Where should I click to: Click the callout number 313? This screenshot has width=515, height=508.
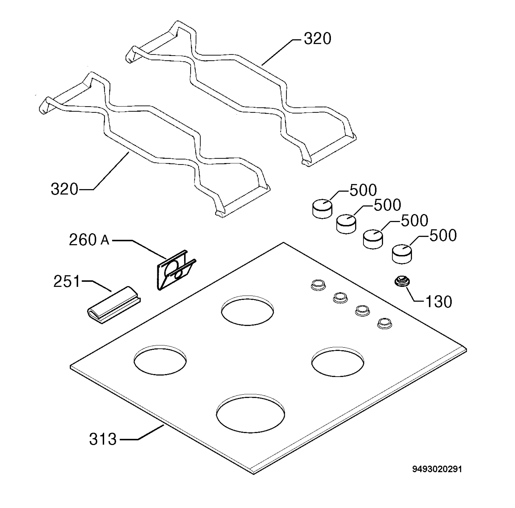pos(103,439)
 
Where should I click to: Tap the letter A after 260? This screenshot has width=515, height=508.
pos(105,241)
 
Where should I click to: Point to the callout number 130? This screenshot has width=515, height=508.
pos(439,302)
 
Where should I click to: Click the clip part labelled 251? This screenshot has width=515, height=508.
pos(114,305)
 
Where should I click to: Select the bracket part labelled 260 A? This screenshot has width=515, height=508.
pos(176,270)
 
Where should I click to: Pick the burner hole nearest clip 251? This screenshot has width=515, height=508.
pos(160,360)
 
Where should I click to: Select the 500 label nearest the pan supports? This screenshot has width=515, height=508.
pos(363,190)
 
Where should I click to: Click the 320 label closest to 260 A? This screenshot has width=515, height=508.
pos(64,189)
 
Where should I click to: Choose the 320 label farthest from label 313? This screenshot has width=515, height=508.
pos(318,39)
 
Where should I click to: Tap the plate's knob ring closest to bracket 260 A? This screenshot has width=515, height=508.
pos(318,285)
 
